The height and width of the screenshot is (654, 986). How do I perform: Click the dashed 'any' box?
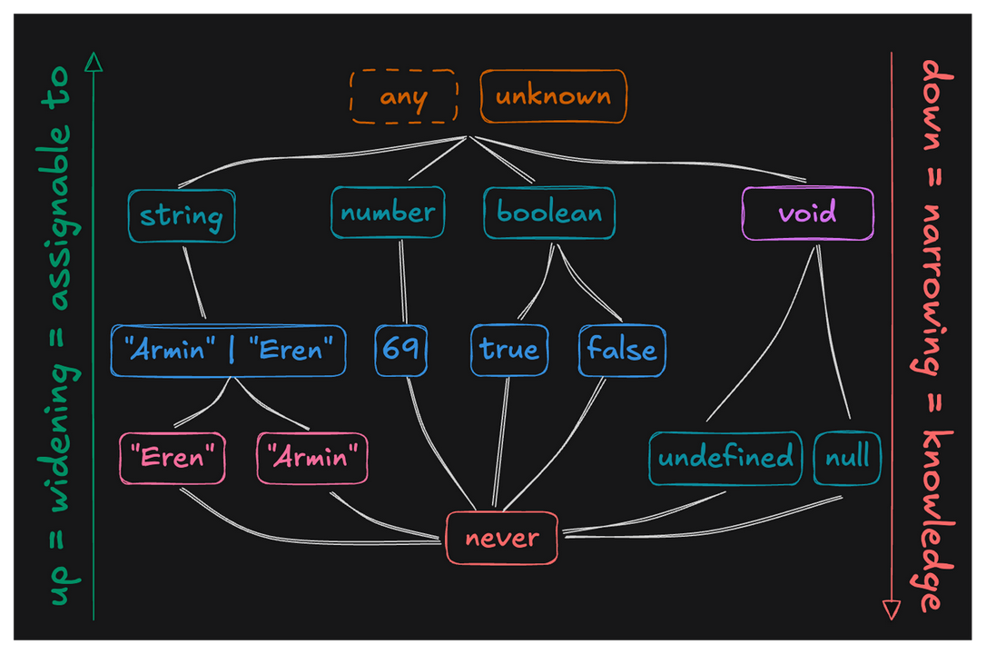click(x=403, y=96)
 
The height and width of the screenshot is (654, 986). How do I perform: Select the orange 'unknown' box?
click(x=553, y=96)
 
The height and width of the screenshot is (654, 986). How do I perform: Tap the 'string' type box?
click(x=182, y=216)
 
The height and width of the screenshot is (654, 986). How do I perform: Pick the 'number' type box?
click(x=388, y=213)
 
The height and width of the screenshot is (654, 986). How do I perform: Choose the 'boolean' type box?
click(x=548, y=213)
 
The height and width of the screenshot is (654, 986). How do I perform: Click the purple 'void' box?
click(x=807, y=213)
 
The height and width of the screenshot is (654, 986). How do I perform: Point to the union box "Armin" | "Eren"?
click(x=228, y=351)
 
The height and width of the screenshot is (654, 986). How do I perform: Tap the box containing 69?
click(x=401, y=351)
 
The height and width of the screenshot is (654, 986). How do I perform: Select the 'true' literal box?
click(x=509, y=351)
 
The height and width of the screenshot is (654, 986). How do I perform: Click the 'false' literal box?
click(x=622, y=351)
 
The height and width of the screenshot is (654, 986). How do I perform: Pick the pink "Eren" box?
click(x=173, y=458)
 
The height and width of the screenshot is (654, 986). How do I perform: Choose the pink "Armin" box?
click(x=313, y=458)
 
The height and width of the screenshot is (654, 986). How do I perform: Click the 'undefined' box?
click(x=725, y=458)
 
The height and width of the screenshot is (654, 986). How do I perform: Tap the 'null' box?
click(x=847, y=458)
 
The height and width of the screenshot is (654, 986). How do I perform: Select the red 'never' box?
click(x=501, y=538)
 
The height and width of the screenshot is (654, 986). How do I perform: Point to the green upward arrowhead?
click(x=93, y=62)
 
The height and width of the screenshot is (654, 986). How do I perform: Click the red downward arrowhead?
click(x=892, y=609)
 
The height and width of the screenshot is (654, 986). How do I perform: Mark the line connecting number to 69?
click(x=401, y=282)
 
